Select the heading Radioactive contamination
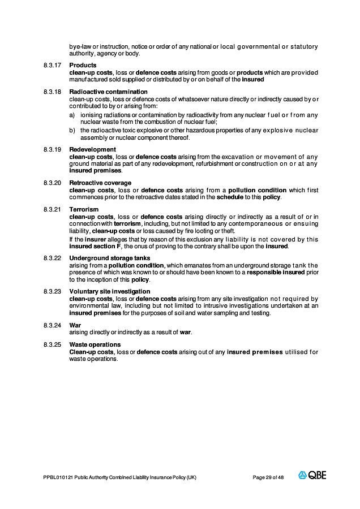pyautogui.click(x=108, y=92)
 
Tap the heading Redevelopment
pyautogui.click(x=92, y=150)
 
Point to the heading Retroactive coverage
pyautogui.click(x=100, y=183)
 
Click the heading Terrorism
pyautogui.click(x=84, y=210)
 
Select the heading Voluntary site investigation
pyautogui.click(x=110, y=292)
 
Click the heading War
pyautogui.click(x=75, y=325)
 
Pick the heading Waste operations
pyautogui.click(x=95, y=344)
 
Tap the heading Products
pyautogui.click(x=83, y=66)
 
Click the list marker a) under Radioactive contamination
pyautogui.click(x=72, y=115)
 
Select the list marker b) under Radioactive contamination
pyautogui.click(x=72, y=131)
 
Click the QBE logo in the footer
pyautogui.click(x=312, y=476)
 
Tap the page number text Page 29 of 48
pyautogui.click(x=268, y=477)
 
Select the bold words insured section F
pyautogui.click(x=95, y=247)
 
